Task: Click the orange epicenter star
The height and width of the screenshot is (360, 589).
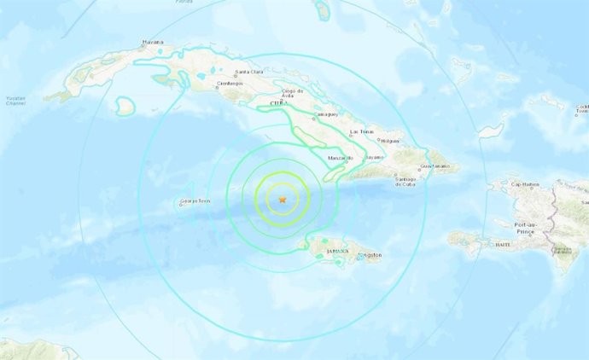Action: pyautogui.click(x=283, y=200)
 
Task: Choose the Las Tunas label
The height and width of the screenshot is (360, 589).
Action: pyautogui.click(x=362, y=132)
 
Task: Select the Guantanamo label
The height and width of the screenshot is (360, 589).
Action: pyautogui.click(x=434, y=165)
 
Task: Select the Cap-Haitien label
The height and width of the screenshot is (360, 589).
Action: pyautogui.click(x=528, y=183)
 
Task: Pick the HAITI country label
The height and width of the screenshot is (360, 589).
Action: pyautogui.click(x=502, y=244)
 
